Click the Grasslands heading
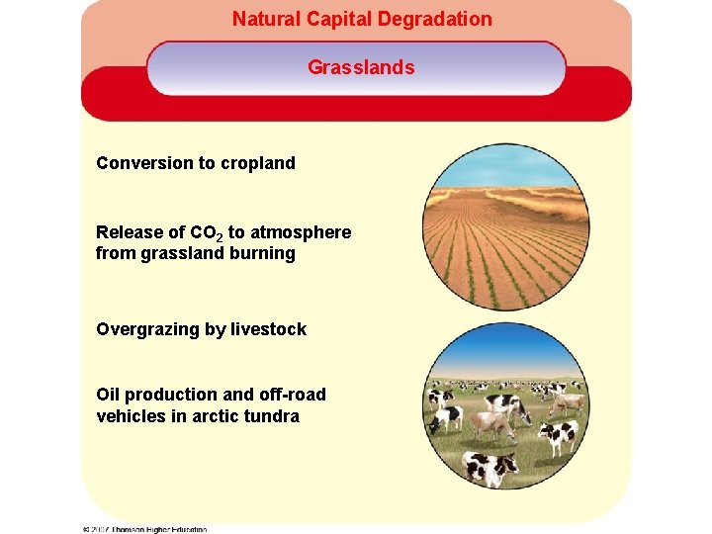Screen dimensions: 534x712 tap(361, 67)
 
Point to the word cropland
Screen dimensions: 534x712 tap(259, 163)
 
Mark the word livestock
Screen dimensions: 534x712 tap(268, 329)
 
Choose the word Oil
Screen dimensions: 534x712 tap(108, 395)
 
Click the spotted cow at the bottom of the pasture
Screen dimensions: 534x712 tap(490, 466)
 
